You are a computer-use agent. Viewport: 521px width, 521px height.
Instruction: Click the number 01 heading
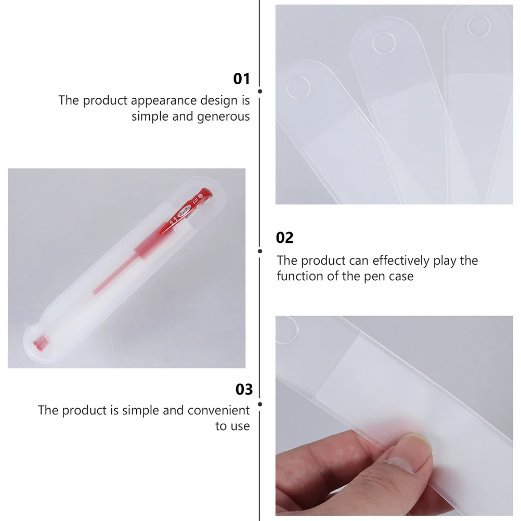pos(241,79)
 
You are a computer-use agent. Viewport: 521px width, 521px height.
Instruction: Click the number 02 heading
pos(284,238)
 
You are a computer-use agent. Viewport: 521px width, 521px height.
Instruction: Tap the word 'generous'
pos(223,116)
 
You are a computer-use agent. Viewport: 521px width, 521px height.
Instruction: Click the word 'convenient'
pos(218,410)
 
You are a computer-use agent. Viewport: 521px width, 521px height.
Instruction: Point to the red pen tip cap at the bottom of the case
pos(38,343)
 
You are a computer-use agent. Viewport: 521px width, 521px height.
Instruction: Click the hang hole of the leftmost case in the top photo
pos(299,89)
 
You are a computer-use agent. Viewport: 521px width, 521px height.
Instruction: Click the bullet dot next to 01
pos(260,91)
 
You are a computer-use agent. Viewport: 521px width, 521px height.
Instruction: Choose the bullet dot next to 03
pos(260,403)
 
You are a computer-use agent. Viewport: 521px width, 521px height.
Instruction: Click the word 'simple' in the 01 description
pos(150,116)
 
